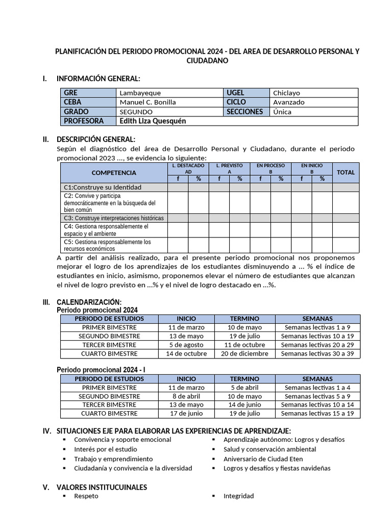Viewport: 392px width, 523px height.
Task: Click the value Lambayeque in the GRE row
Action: (x=140, y=93)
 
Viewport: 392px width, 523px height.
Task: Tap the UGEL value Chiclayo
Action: (x=286, y=93)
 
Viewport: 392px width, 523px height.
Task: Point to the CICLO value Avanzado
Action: (x=288, y=102)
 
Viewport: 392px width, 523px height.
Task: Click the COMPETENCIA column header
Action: (x=114, y=173)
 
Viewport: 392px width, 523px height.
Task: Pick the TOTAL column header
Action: (x=346, y=173)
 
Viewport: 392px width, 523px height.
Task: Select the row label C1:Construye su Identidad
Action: (x=103, y=187)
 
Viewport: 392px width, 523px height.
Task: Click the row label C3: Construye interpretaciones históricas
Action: (x=113, y=218)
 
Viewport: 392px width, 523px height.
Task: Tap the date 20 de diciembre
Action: (x=244, y=353)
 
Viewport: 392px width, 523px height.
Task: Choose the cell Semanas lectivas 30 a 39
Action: (x=317, y=353)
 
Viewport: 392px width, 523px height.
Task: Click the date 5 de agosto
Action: (x=186, y=345)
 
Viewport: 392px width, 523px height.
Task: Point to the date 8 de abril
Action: (x=186, y=396)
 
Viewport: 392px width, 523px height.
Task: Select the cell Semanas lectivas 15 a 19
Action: (x=317, y=414)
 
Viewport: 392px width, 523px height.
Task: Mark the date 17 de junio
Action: (x=186, y=414)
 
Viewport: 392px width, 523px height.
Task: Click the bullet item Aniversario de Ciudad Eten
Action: (x=263, y=459)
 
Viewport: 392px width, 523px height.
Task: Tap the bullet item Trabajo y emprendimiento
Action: (x=113, y=459)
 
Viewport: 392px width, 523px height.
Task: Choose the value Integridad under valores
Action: (x=238, y=496)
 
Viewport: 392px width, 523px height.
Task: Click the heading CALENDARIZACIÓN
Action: (x=89, y=302)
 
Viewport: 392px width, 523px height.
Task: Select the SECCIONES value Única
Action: (x=282, y=112)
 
